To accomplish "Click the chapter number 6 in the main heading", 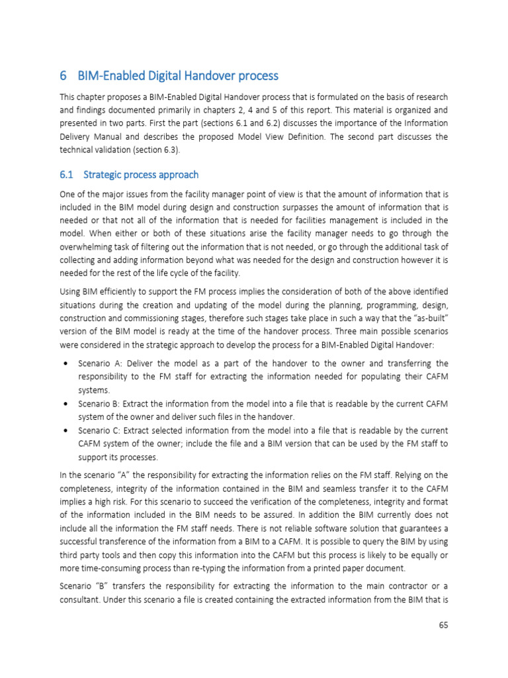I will [x=63, y=75].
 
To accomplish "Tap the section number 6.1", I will [x=66, y=175].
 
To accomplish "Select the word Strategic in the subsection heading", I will [x=103, y=175].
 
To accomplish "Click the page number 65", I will [x=443, y=625].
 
